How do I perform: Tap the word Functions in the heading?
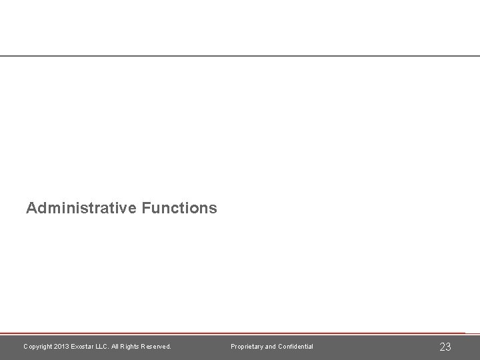pos(179,208)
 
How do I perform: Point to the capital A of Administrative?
pos(31,208)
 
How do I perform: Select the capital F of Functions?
pos(145,208)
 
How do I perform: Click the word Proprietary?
pos(247,347)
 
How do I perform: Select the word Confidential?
pos(296,347)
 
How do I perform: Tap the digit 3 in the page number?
pos(448,347)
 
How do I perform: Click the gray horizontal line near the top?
pos(240,56)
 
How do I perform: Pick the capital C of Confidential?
pos(281,347)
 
